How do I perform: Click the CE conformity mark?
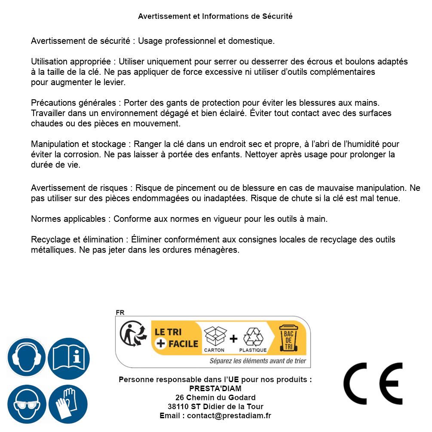(373, 381)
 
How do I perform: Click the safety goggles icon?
(27, 404)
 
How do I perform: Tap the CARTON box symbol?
(214, 336)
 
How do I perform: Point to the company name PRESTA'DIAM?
(215, 389)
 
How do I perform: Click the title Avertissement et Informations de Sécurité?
(215, 16)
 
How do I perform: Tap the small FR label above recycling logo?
(119, 313)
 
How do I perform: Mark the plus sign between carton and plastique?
(233, 339)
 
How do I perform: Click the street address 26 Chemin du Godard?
(215, 398)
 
